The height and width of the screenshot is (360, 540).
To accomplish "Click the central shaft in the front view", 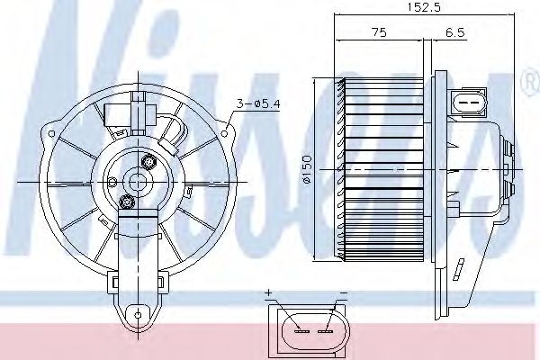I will click(138, 180).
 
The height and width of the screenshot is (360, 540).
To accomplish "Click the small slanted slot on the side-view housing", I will click(458, 268).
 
